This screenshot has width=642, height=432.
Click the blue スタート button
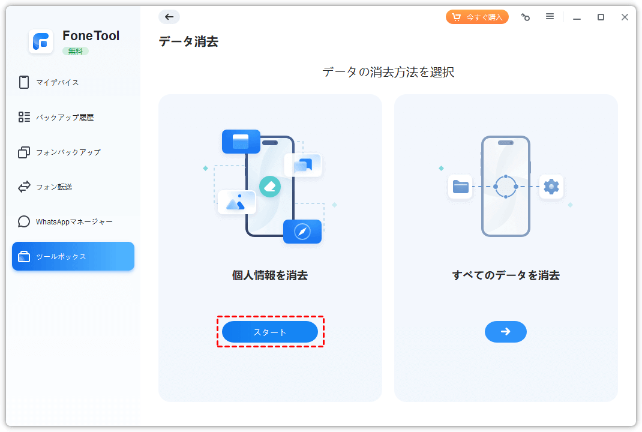tap(269, 332)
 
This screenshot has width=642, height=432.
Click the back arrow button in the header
tap(169, 17)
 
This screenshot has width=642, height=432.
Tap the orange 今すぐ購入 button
tap(477, 17)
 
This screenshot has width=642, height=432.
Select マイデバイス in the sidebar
tap(57, 82)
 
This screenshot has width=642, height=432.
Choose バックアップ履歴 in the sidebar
tap(64, 117)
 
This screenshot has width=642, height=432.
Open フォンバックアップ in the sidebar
tap(68, 152)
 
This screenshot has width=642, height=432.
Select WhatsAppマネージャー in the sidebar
tap(74, 221)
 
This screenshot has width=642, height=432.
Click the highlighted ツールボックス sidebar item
tap(73, 256)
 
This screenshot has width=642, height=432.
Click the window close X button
tap(625, 17)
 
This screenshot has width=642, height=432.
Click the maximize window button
tap(601, 17)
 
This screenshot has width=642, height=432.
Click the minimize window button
tap(577, 17)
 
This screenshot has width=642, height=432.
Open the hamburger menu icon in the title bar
tap(550, 17)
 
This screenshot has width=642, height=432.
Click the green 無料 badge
tap(76, 51)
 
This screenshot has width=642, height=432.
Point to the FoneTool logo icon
tap(41, 41)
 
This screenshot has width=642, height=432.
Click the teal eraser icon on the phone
tap(270, 186)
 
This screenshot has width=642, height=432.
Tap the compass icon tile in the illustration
tap(302, 232)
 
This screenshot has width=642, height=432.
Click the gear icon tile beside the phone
tap(551, 187)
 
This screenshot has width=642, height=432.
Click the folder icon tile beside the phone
tap(461, 187)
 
